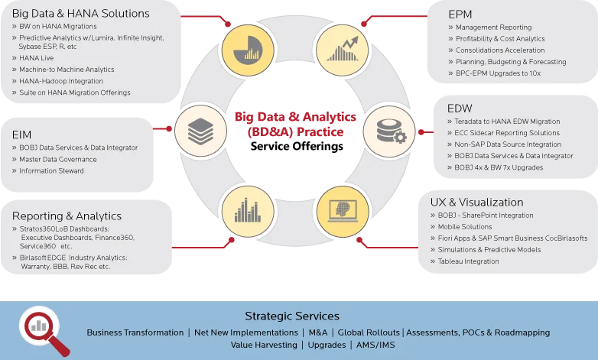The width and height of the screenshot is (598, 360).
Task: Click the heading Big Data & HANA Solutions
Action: tap(80, 13)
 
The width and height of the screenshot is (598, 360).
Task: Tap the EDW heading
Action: tap(460, 108)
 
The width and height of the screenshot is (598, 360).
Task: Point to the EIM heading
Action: tap(22, 134)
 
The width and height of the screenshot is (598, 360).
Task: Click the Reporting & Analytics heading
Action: tap(67, 216)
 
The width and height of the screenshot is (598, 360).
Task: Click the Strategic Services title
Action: tap(292, 316)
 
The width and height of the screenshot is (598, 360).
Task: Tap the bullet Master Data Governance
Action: tap(58, 159)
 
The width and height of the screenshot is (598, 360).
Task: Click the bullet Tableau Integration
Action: tap(468, 261)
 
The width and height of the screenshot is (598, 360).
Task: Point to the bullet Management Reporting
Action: tap(494, 28)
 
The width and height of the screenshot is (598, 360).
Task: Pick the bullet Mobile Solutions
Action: tap(465, 227)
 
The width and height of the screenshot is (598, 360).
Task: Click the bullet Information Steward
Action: tap(52, 170)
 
